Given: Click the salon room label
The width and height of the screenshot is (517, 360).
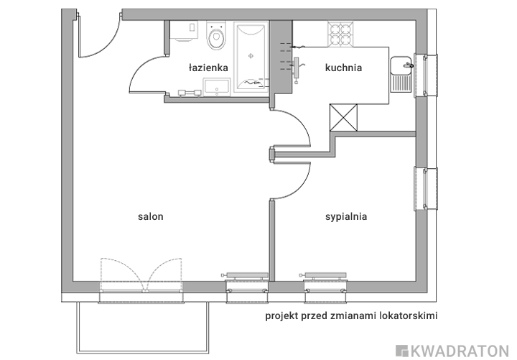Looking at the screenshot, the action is click(x=150, y=216).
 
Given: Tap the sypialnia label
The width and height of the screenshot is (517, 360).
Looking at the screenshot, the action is click(x=346, y=216).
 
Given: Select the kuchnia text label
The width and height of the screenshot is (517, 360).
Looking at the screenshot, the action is click(x=343, y=68).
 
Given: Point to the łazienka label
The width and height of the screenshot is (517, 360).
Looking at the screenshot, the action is click(x=208, y=68).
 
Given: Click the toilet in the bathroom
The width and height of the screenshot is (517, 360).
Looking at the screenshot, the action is click(x=216, y=35).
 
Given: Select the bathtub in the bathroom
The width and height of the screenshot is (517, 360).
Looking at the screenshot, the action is click(x=251, y=57).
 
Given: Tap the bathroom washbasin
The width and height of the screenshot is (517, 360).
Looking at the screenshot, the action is click(x=217, y=87).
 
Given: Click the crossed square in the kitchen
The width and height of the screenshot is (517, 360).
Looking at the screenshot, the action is click(x=343, y=117).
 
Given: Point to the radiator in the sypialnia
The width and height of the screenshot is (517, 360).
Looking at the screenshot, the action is click(x=323, y=276).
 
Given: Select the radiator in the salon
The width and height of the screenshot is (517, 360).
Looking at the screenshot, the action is click(x=246, y=276).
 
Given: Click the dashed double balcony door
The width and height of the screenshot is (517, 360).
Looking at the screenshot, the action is click(x=141, y=275).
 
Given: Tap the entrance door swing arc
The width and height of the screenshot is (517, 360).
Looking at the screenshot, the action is click(x=106, y=46).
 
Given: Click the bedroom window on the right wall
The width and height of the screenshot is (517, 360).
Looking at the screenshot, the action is click(x=426, y=188).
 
